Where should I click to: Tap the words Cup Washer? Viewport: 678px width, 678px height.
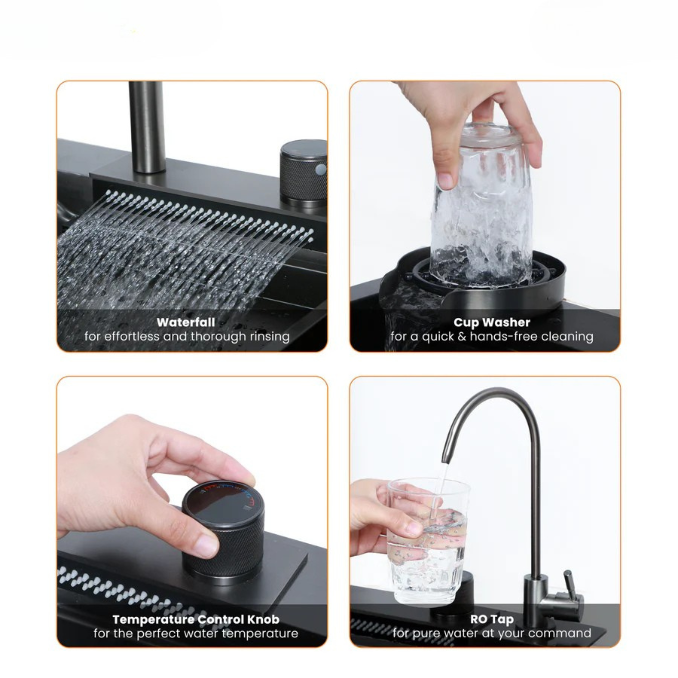point(492,322)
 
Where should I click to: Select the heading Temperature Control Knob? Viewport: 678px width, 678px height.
point(196,619)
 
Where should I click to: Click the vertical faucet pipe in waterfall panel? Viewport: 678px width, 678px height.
point(147,126)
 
